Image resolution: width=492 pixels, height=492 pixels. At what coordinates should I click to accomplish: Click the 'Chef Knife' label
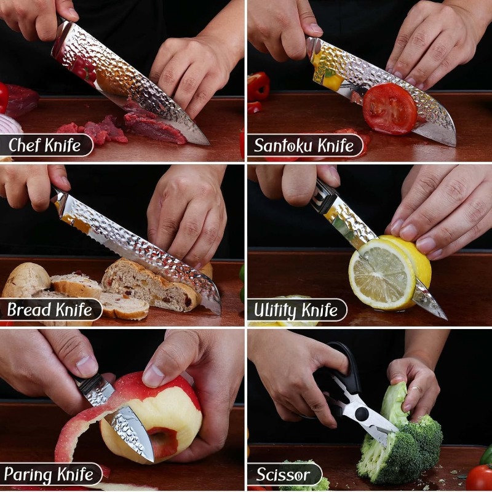(x=44, y=145)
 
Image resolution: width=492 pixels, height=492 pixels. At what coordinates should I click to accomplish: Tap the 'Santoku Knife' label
(x=304, y=145)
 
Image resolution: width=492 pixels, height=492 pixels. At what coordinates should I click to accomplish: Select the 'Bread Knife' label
(x=50, y=309)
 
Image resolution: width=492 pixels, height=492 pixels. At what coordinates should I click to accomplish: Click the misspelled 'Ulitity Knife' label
(x=296, y=310)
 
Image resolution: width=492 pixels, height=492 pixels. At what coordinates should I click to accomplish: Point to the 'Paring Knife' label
(x=49, y=474)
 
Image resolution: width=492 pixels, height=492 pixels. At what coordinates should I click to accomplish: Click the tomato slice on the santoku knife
(x=390, y=109)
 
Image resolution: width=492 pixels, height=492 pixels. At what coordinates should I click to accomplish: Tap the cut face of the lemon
(x=381, y=275)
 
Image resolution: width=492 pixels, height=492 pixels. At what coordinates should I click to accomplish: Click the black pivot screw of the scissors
(x=362, y=414)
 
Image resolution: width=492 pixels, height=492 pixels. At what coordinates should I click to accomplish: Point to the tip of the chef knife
(x=208, y=145)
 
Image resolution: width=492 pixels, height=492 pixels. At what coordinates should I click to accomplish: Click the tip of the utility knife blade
(x=446, y=319)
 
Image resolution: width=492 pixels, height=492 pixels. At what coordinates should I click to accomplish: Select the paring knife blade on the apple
(x=132, y=434)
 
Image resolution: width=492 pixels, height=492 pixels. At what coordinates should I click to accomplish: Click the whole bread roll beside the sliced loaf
(x=26, y=280)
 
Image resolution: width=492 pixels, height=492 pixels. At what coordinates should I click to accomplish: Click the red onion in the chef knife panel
(x=9, y=124)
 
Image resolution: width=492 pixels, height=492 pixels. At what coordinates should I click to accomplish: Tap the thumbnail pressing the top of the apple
(x=154, y=375)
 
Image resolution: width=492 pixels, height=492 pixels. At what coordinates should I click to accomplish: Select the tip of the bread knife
(x=220, y=314)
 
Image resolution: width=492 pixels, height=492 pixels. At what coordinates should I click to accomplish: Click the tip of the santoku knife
(x=454, y=146)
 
